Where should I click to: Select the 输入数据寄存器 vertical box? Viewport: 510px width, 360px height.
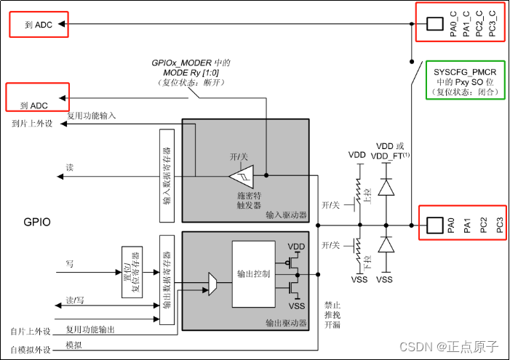(166, 176)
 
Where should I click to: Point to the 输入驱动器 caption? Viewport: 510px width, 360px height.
(286, 215)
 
